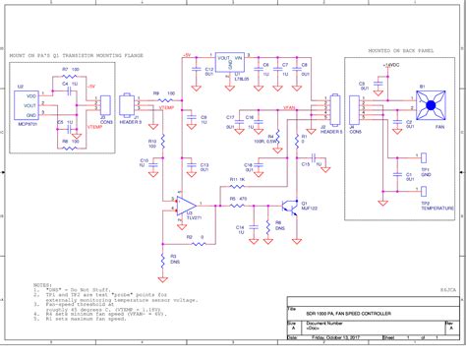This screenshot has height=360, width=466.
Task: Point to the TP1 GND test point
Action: pos(424,157)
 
